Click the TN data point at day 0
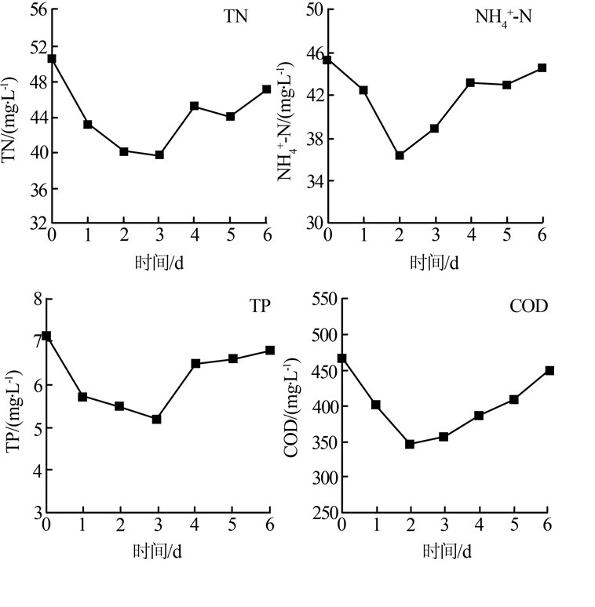52,59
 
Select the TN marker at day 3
159,155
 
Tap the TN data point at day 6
267,89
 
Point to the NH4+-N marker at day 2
400,155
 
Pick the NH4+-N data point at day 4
471,82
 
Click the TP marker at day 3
157,419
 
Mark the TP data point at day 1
82,396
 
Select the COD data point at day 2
410,444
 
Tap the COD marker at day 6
549,370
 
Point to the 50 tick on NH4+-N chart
314,10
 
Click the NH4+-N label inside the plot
503,18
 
